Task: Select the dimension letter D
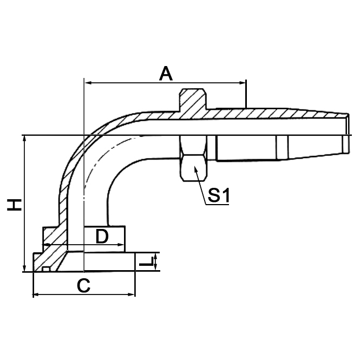[102, 236]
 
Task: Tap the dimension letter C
[83, 285]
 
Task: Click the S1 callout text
[219, 196]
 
